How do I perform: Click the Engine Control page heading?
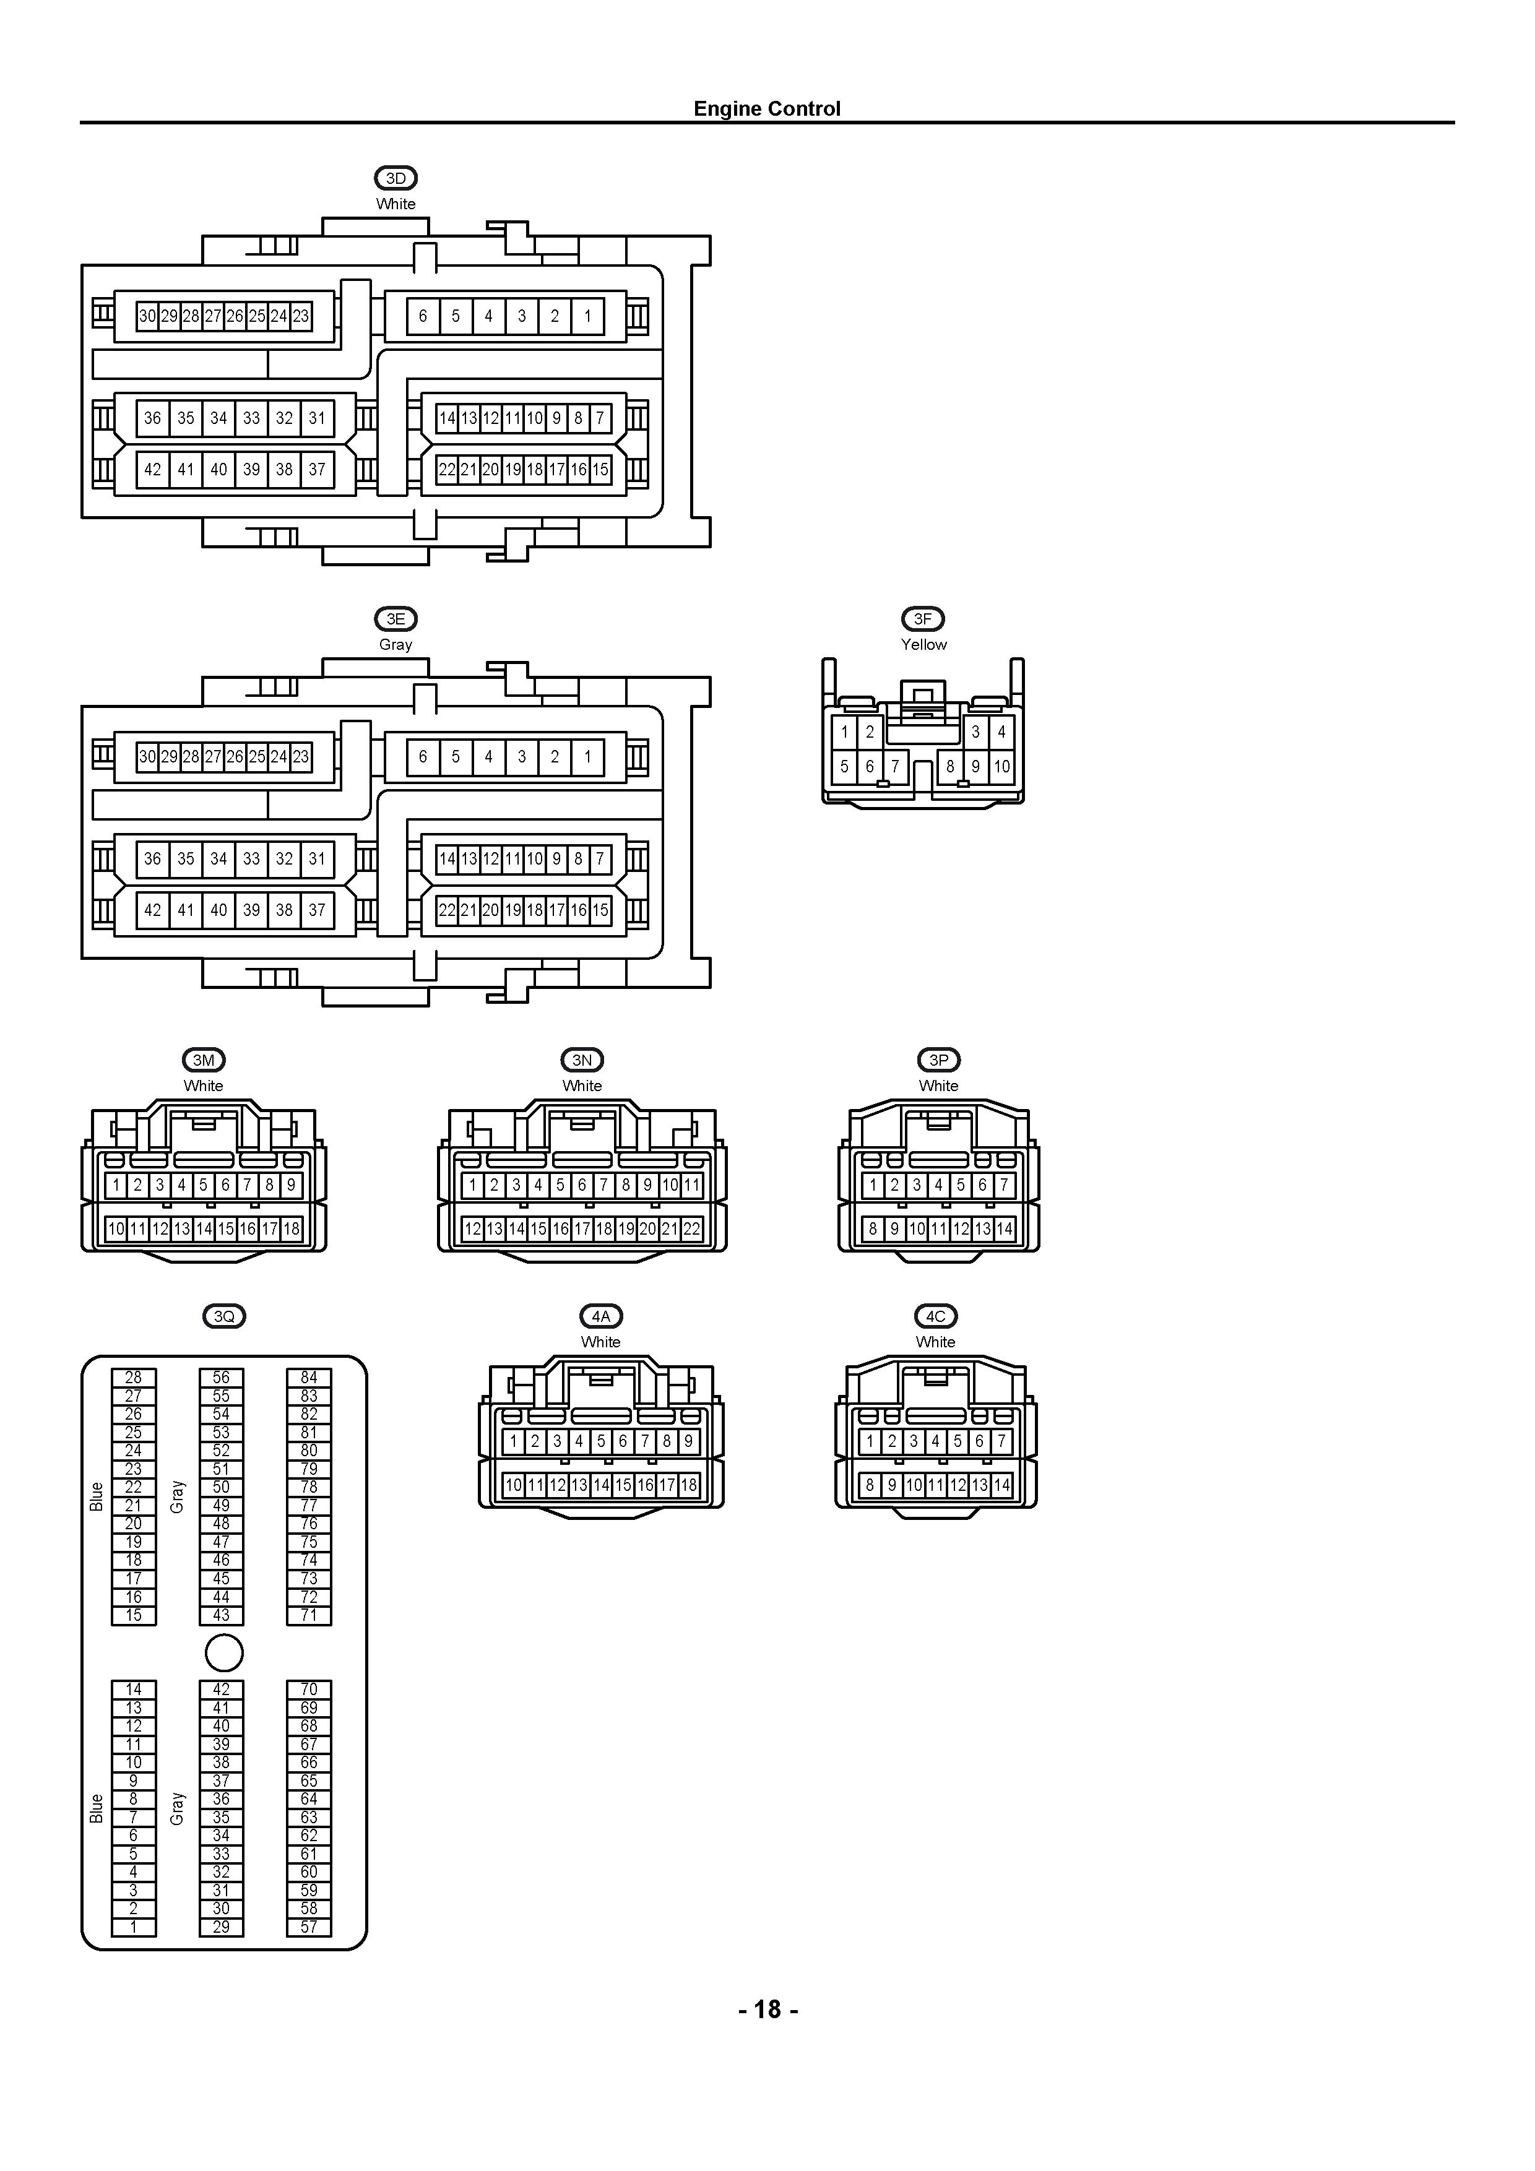point(767,109)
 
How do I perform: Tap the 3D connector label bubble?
point(396,178)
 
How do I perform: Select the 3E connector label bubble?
point(396,618)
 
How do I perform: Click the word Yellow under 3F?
point(923,644)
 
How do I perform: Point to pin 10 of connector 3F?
point(1001,767)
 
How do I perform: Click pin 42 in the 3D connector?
point(152,469)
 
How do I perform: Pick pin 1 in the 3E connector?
point(587,756)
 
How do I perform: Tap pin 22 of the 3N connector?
point(691,1229)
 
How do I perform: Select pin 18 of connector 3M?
point(292,1229)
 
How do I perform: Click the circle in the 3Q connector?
point(224,1653)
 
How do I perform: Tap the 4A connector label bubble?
point(600,1316)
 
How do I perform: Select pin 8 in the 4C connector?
point(870,1485)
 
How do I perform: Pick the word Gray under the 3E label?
point(396,644)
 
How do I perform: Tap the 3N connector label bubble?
point(582,1060)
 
